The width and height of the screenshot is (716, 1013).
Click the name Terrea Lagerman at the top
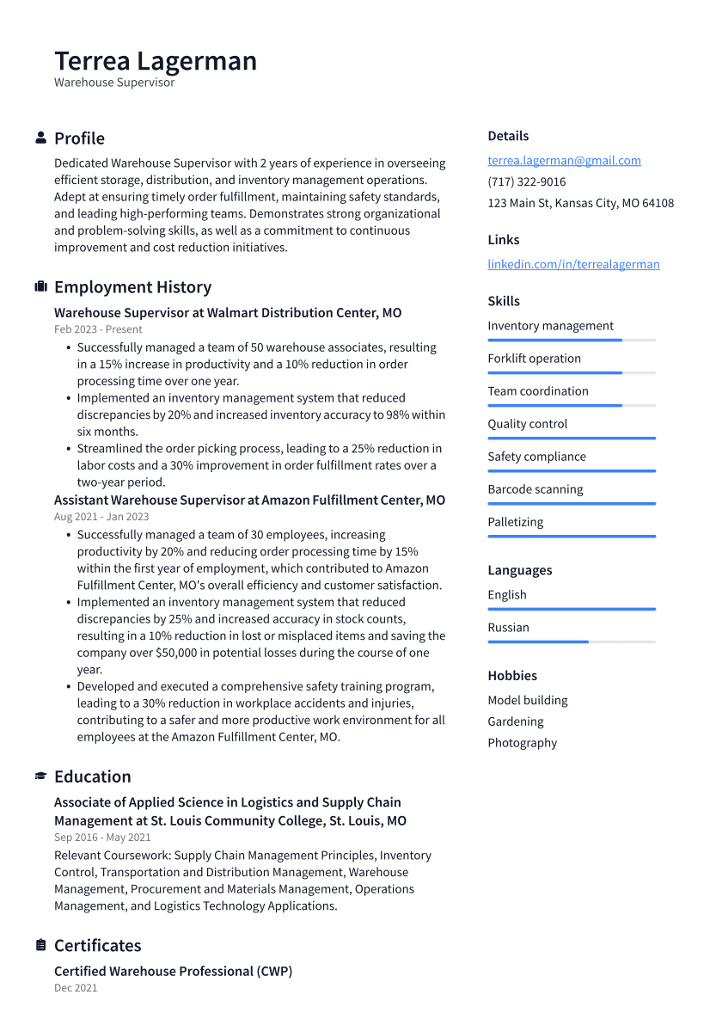tap(156, 61)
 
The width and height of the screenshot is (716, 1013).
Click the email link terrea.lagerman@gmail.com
tap(564, 160)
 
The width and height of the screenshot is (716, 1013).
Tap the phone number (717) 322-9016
tap(526, 181)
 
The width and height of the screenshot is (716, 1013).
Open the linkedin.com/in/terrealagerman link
tap(573, 264)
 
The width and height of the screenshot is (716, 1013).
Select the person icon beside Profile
tap(40, 138)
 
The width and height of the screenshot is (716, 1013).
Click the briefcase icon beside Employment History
tap(40, 287)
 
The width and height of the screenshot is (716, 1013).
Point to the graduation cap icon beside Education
tap(40, 777)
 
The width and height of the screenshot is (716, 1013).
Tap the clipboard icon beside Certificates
tap(40, 945)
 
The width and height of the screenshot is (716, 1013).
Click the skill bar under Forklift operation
tap(571, 372)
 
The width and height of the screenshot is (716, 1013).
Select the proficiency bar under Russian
tap(571, 642)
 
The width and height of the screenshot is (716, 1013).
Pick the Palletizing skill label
tap(515, 522)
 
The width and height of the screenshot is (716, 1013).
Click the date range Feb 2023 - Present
tap(98, 329)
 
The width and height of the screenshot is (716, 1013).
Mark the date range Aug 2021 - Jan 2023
tap(101, 517)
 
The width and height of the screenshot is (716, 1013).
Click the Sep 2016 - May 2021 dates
tap(102, 838)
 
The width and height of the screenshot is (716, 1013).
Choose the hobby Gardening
tap(516, 721)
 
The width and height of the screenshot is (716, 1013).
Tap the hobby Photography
tap(522, 743)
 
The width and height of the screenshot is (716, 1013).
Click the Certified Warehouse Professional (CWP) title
tap(173, 971)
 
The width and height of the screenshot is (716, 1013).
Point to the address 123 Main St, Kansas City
tap(580, 203)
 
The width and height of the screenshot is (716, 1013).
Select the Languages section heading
tap(519, 570)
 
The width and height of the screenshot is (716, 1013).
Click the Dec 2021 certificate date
tap(76, 988)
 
